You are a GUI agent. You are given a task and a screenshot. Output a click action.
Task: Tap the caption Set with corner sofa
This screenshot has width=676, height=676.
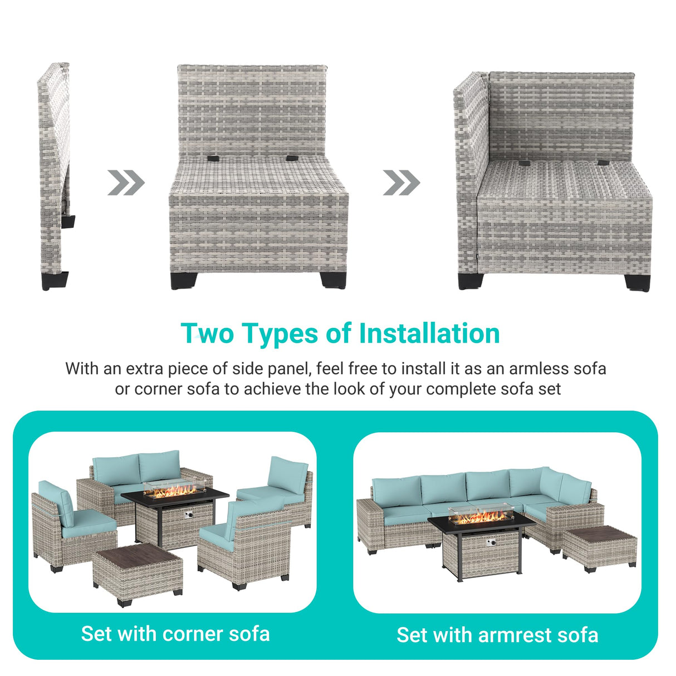click(175, 634)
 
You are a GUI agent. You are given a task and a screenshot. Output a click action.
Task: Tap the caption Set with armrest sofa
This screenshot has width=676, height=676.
click(497, 635)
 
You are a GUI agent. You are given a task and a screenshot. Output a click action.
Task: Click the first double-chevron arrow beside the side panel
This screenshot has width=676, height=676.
click(126, 183)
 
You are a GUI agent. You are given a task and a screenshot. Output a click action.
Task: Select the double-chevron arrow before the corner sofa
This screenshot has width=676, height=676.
click(401, 183)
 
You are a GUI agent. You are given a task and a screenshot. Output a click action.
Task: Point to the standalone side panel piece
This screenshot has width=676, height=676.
click(54, 167)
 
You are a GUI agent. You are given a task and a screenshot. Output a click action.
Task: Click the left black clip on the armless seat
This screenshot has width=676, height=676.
click(213, 159)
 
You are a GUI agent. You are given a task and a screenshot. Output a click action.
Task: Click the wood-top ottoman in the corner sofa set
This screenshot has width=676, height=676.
click(138, 574)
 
